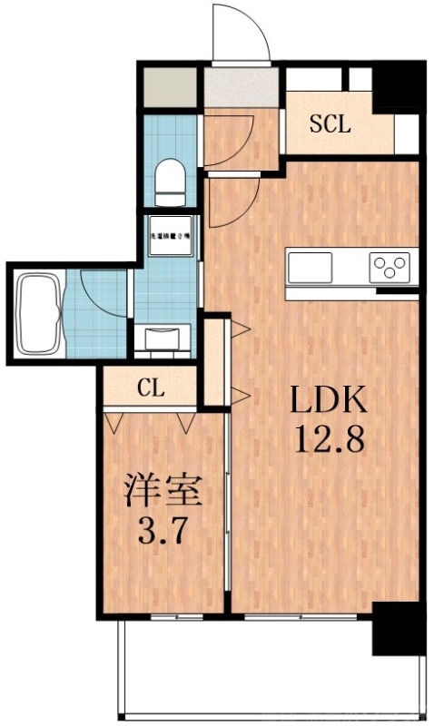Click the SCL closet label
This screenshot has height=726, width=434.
pyautogui.click(x=330, y=125)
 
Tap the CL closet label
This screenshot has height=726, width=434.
pyautogui.click(x=151, y=389)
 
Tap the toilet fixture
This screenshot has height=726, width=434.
pyautogui.click(x=169, y=181)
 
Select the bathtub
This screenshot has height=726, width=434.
pyautogui.click(x=39, y=311)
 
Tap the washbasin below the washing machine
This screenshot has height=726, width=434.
pyautogui.click(x=165, y=338)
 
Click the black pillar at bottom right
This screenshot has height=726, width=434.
pyautogui.click(x=398, y=627)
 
